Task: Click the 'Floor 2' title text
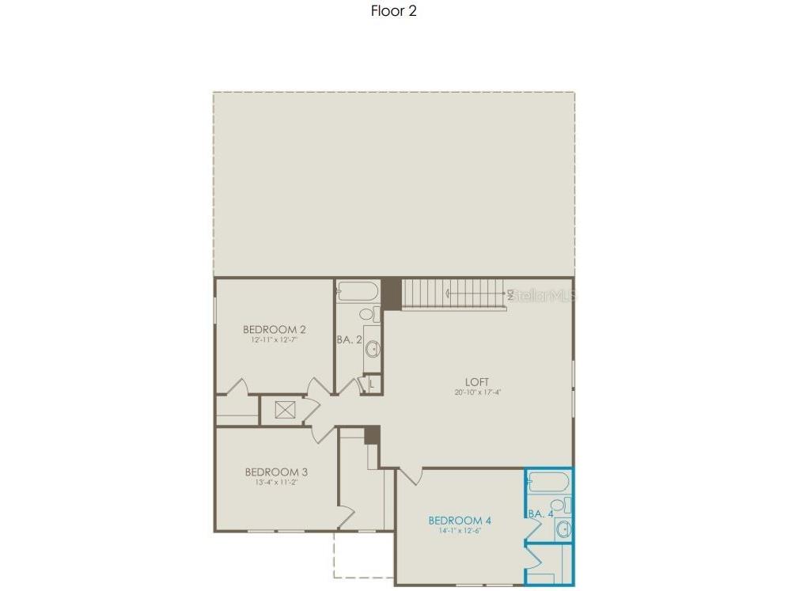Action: coord(393,11)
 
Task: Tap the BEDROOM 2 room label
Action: coord(275,329)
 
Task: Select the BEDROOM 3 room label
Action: coord(276,472)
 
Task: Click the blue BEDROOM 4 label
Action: coord(460,520)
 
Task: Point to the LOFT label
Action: coord(477,381)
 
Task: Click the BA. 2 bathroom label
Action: coord(348,339)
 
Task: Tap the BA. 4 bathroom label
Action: coord(540,513)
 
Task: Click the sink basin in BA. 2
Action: coord(371,348)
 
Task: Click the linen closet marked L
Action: coord(372,385)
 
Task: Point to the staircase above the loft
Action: coord(455,294)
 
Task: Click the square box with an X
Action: coord(285,410)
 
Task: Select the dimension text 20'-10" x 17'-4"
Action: coord(478,392)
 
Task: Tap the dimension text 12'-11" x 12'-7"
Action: coord(275,340)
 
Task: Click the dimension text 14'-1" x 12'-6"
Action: coord(460,531)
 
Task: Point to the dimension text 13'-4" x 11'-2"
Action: coord(276,483)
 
